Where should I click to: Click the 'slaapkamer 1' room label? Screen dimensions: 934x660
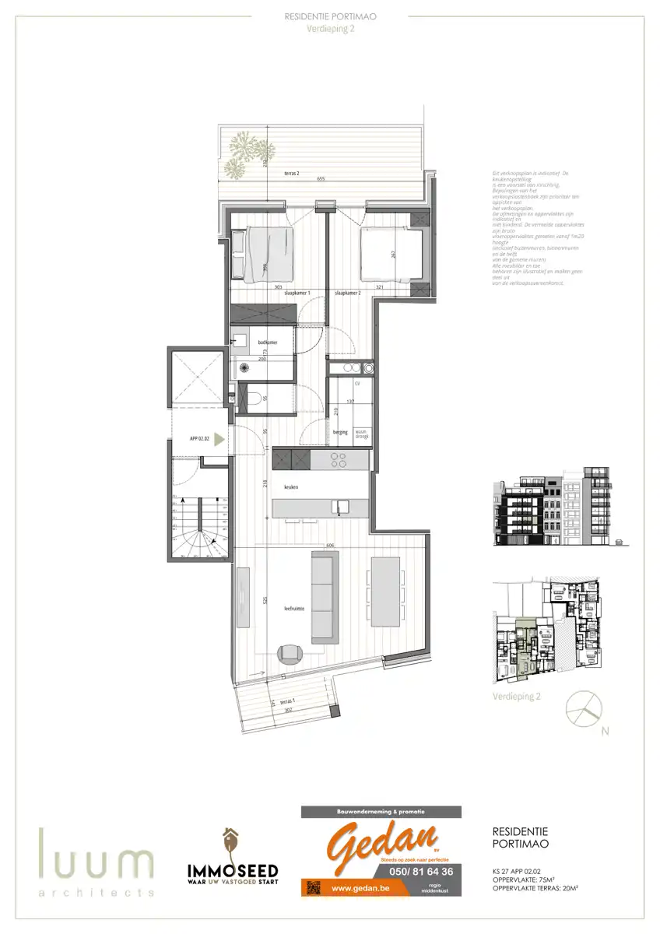298,293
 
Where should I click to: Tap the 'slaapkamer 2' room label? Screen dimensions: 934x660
348,293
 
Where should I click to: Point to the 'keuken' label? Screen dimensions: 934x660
291,487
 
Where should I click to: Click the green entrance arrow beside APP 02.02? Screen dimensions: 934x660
219,439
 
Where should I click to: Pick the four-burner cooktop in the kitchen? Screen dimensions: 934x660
340,460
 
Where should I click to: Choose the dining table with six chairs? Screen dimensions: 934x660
387,592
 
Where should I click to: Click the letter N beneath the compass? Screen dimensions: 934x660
605,731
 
